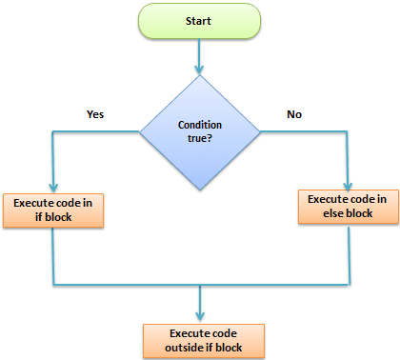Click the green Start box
click(200, 20)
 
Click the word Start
click(200, 20)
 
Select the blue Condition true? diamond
click(199, 132)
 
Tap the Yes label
click(94, 114)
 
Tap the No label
click(294, 114)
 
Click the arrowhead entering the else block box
click(346, 185)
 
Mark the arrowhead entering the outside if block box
click(200, 319)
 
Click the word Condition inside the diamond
click(200, 126)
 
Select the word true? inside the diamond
click(200, 141)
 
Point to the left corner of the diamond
click(141, 132)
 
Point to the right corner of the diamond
click(259, 132)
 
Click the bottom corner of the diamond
click(200, 190)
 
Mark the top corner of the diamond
click(200, 75)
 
